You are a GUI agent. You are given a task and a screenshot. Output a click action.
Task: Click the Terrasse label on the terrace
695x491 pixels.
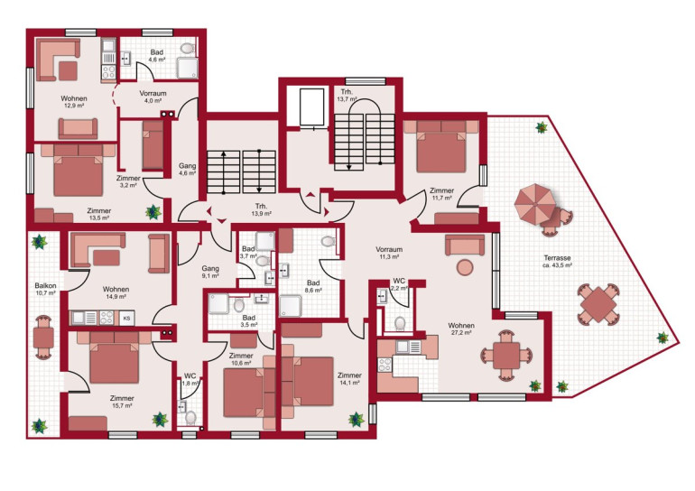557,258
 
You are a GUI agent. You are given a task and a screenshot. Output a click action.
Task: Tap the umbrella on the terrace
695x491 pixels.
534,204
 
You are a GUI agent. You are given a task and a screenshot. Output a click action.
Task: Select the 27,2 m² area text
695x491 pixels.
461,332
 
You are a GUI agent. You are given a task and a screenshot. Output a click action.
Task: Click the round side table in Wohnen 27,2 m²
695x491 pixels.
465,267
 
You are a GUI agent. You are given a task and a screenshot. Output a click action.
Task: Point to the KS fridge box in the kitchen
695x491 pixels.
126,318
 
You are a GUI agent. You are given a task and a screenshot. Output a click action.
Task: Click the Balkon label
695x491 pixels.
46,286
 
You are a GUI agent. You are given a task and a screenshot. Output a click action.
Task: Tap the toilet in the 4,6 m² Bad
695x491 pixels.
188,48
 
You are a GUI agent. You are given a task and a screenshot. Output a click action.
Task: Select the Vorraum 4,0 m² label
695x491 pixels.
153,94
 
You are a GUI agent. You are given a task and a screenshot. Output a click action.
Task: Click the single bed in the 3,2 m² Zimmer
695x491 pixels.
153,145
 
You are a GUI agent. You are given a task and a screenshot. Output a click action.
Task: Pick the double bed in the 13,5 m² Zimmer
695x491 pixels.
78,170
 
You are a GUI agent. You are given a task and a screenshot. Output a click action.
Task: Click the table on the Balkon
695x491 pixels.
43,338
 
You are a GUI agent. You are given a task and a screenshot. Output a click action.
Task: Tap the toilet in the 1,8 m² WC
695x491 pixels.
190,417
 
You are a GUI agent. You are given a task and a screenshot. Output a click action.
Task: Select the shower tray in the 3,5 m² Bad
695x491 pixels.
218,303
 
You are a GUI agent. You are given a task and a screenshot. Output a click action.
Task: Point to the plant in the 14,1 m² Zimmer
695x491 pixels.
356,419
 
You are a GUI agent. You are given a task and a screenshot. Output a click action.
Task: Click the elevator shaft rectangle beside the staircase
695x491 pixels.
311,107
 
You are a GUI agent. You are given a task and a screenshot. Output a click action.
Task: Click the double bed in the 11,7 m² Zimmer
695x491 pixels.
441,147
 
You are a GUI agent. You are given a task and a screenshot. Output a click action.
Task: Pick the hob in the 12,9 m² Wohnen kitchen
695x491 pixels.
108,72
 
